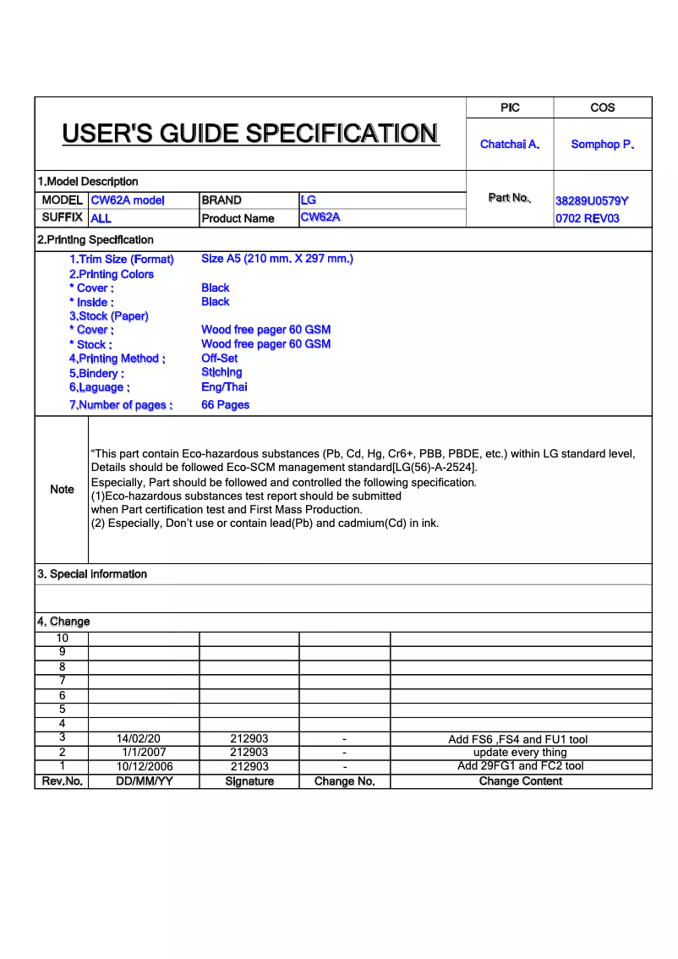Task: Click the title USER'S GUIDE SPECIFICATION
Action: (250, 134)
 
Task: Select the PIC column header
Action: (510, 107)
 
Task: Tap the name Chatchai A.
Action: (510, 145)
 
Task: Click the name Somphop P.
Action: (603, 145)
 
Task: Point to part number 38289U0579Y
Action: (592, 201)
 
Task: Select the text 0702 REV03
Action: (588, 218)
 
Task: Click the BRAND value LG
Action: (309, 200)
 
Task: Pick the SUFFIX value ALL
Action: (101, 218)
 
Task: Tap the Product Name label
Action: (238, 218)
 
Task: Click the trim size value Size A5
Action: (276, 259)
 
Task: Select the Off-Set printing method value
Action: (220, 359)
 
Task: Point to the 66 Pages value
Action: (226, 405)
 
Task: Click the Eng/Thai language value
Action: (225, 387)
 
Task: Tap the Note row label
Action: (62, 490)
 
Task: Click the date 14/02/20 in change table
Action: (139, 739)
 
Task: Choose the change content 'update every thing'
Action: (520, 753)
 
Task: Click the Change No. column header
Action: (344, 781)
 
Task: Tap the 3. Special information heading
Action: (92, 574)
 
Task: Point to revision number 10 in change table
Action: (62, 638)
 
